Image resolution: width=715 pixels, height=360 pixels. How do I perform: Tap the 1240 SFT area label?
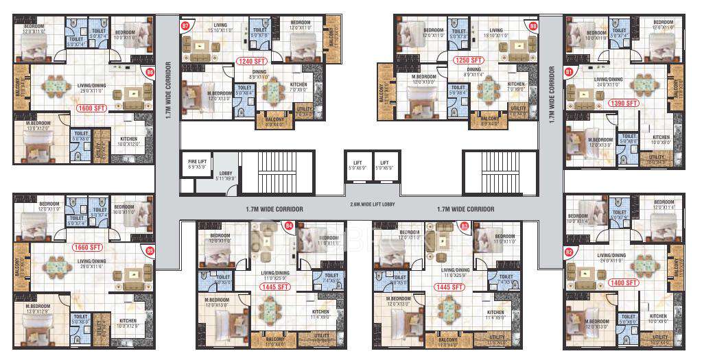(249, 61)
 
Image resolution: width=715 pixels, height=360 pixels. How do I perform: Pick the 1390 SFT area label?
(623, 103)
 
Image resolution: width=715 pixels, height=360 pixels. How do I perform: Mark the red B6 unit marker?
(150, 71)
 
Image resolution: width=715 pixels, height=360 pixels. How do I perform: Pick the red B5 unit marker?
(150, 251)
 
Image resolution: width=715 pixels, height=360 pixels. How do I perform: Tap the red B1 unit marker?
(568, 71)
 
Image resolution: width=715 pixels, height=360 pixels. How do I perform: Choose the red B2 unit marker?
(568, 252)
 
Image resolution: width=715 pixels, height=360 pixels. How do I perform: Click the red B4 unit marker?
(289, 224)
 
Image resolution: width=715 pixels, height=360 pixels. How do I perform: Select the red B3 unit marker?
(465, 225)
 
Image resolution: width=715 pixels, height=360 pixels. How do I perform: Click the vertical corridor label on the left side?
(168, 93)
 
